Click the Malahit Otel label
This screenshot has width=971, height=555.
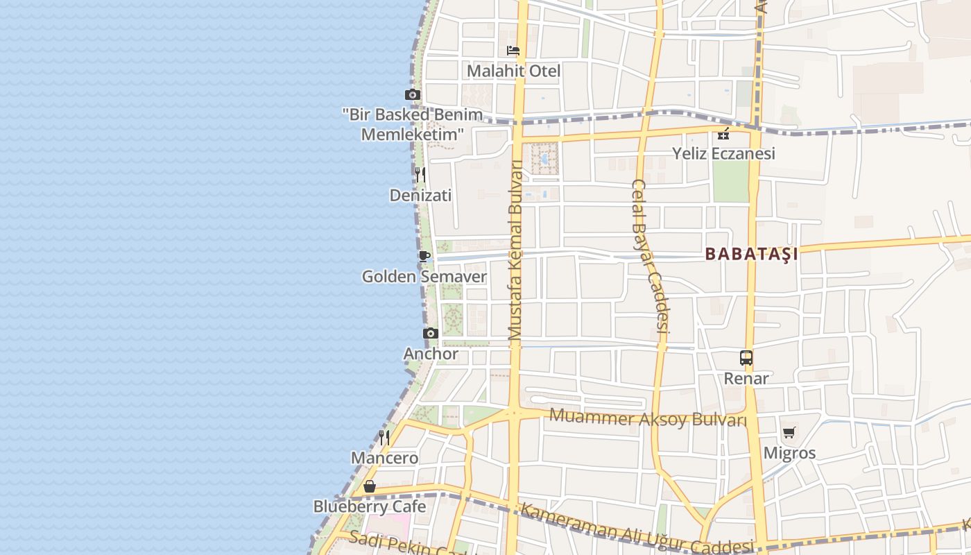point(513,71)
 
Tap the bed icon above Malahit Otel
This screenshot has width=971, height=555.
point(513,51)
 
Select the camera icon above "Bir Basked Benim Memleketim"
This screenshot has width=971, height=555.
point(413,95)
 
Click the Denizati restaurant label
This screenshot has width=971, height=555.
point(420,196)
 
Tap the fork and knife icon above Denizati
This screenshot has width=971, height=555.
point(420,174)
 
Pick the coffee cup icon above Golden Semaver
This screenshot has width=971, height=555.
point(424,256)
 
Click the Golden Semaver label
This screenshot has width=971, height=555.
point(424,277)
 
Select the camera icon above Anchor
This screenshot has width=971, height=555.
point(431,334)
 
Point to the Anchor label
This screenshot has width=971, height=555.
point(431,354)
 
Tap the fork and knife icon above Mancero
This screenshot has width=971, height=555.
point(384,437)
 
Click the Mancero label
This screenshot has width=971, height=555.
point(384,458)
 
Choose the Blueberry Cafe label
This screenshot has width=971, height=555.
point(370,506)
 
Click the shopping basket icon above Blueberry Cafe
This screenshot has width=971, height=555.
point(370,486)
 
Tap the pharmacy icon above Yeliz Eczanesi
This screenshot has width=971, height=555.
point(723,134)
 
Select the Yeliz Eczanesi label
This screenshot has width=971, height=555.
point(723,153)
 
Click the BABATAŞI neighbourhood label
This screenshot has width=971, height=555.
point(751,254)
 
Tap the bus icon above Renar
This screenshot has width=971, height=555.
point(746,358)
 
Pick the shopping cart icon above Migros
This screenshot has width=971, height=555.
point(789,433)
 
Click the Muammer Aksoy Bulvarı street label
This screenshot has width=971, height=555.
point(648,418)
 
